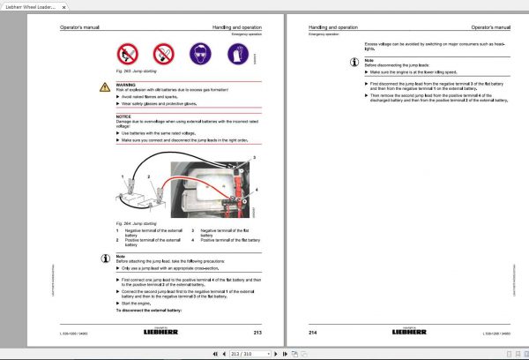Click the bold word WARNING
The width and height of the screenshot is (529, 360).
point(126,86)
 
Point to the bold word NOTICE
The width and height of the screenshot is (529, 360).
point(123,115)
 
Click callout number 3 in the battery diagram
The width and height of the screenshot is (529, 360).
point(254,156)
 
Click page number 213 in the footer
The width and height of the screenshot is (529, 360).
point(257,332)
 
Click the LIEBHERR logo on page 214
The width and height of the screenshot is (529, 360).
point(409,332)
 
